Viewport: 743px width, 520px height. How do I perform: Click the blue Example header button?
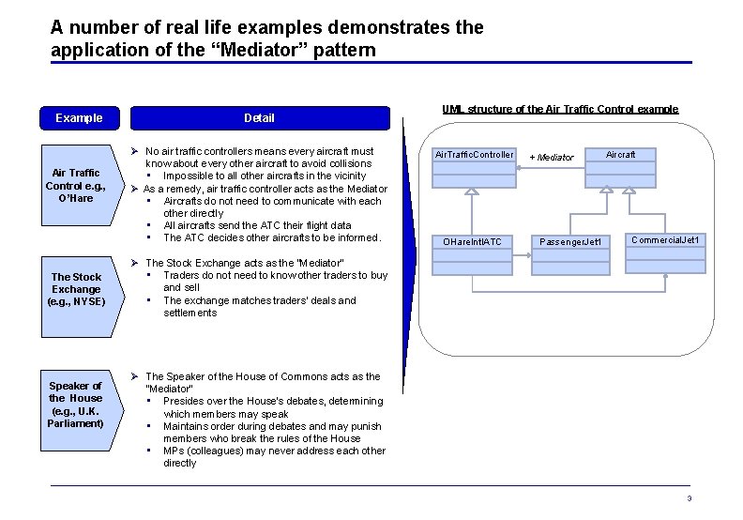tap(79, 118)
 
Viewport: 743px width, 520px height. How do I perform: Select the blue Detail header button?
tap(259, 118)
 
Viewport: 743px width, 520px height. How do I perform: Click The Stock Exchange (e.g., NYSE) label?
tap(76, 289)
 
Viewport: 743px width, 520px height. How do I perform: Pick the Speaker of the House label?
tap(76, 405)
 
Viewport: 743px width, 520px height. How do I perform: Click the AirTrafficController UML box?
tap(474, 155)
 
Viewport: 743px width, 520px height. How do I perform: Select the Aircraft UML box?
tap(620, 154)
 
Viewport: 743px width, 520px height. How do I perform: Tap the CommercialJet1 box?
tap(664, 240)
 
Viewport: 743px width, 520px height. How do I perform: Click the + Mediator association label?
tap(551, 157)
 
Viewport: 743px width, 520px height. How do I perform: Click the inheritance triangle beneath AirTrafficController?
tap(473, 191)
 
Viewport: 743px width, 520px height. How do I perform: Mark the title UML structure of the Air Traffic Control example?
tap(559, 109)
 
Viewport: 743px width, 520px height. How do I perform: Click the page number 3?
tap(689, 498)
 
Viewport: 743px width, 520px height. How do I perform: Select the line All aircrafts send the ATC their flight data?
tap(257, 225)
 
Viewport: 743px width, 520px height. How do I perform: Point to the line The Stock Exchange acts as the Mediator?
tap(245, 263)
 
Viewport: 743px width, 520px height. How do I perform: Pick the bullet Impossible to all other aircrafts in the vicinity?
tap(265, 176)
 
